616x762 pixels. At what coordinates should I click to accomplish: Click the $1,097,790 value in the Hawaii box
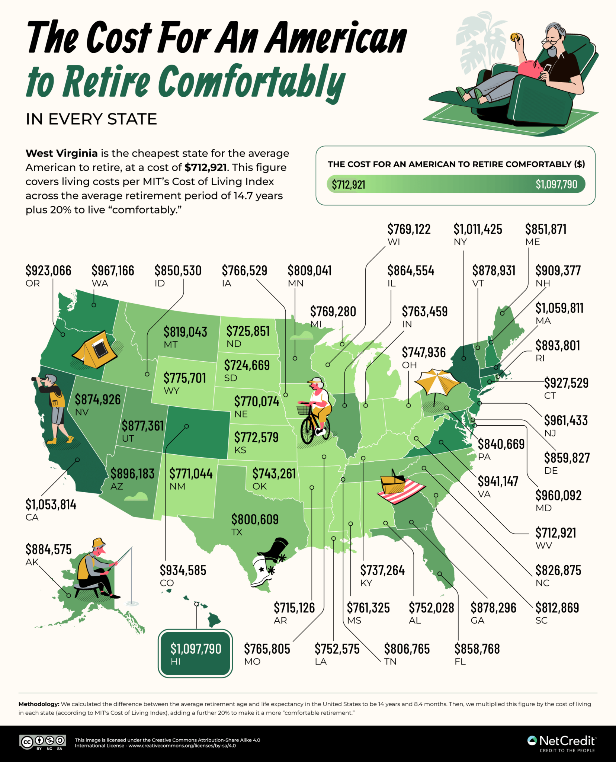tap(196, 649)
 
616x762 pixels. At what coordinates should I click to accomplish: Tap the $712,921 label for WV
tap(555, 533)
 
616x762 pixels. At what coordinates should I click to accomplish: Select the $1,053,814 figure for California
tap(51, 505)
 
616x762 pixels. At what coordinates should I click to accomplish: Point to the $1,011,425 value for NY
tap(478, 229)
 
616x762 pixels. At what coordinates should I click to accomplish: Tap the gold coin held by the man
tap(514, 37)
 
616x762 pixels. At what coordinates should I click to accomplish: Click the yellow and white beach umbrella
tap(437, 382)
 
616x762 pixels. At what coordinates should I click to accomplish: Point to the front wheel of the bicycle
tap(307, 431)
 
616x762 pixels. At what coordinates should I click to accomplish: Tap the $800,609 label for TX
tap(255, 519)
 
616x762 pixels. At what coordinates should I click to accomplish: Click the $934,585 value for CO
tap(183, 570)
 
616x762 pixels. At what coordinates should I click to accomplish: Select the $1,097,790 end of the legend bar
tap(556, 184)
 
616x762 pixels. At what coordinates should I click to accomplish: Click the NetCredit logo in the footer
tap(562, 741)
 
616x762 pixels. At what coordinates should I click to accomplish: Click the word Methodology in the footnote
tap(39, 704)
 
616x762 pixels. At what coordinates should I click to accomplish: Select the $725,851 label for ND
tap(248, 331)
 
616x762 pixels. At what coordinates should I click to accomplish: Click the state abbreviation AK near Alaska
tap(32, 562)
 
